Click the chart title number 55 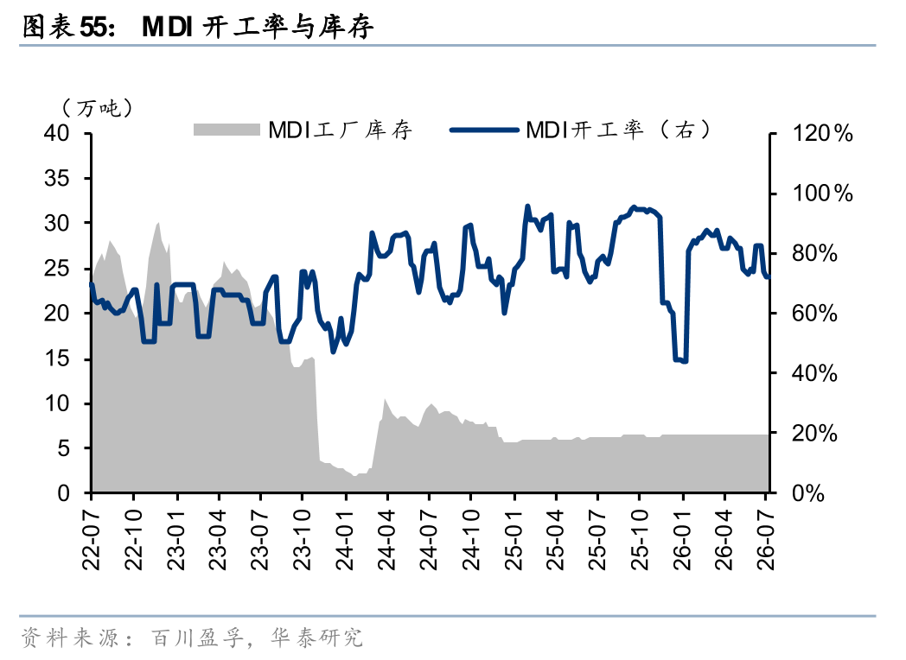93,27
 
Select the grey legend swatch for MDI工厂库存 226,130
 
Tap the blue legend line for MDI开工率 484,130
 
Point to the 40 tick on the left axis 57,133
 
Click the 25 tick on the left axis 57,269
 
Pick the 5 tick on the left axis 63,448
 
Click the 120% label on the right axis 822,133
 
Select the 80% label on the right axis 814,253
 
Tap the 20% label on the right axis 814,433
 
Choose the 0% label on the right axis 808,493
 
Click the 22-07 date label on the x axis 92,540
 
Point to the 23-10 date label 303,540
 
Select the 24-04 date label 387,540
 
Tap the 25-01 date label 514,540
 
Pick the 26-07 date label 766,540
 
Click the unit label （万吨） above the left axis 97,107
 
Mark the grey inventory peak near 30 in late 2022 158,223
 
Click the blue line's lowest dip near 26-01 685,361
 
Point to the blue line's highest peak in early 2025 527,206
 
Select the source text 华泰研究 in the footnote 316,638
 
